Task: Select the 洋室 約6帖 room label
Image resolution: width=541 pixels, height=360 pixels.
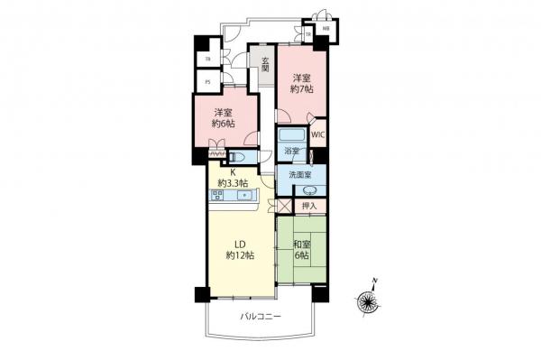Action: click(225, 118)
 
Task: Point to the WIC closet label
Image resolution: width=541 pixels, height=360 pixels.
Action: click(318, 135)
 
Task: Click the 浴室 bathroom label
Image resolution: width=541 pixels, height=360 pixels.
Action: click(290, 151)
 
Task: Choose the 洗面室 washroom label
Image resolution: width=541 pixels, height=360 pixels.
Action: click(299, 174)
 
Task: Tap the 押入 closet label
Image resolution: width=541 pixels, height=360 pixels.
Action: click(309, 206)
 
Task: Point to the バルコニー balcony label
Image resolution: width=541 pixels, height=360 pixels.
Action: click(261, 317)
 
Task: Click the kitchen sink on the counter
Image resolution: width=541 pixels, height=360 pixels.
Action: click(243, 195)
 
